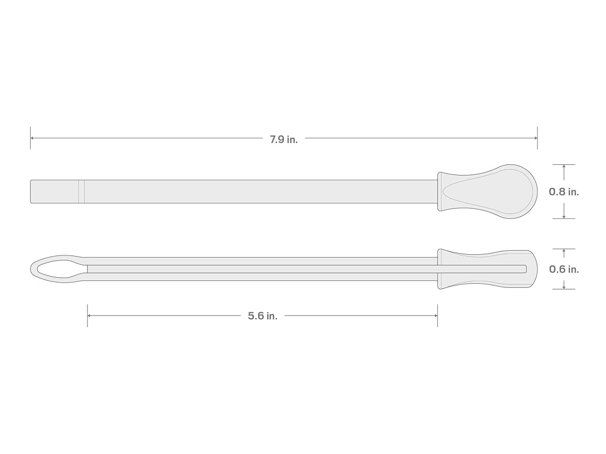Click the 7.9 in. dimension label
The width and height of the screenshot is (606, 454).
click(x=283, y=140)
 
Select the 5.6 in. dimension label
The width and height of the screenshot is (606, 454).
click(x=263, y=316)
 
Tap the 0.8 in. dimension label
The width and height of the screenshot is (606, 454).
click(x=564, y=192)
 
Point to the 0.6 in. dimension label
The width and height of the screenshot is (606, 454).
click(x=564, y=269)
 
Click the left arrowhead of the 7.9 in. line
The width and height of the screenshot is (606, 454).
click(x=33, y=138)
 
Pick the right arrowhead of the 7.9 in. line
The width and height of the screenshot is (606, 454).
click(x=535, y=138)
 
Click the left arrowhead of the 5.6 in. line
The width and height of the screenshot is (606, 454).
click(x=90, y=316)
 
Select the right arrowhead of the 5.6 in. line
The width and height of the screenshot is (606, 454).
click(x=435, y=316)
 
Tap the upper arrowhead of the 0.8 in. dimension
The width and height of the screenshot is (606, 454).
click(x=564, y=167)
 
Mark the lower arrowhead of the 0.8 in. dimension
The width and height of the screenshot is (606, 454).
click(x=564, y=216)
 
